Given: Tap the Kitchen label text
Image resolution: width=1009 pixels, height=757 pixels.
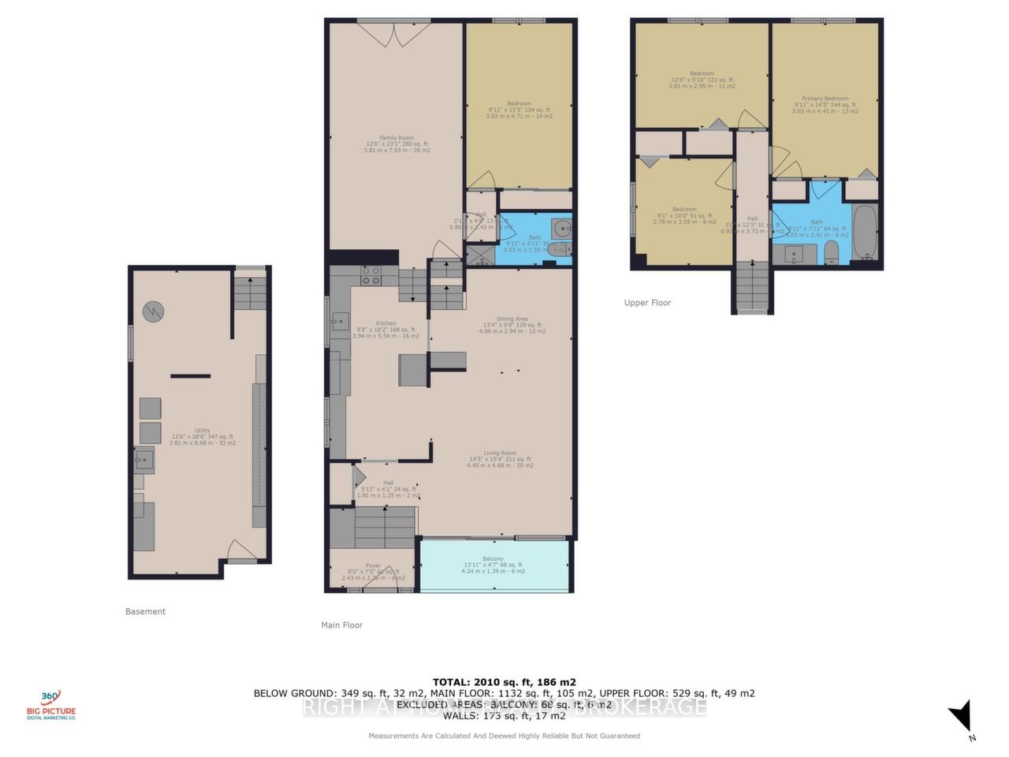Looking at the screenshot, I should click(385, 323).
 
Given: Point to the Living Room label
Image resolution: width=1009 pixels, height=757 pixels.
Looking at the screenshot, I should click(500, 453).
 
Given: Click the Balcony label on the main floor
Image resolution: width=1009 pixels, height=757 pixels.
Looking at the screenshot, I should click(493, 559).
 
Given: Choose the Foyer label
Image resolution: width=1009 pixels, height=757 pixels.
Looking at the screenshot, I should click(373, 565).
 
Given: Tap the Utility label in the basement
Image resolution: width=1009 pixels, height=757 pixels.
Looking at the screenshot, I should click(203, 431).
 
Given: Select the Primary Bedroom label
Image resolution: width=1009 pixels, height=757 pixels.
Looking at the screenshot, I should click(825, 99).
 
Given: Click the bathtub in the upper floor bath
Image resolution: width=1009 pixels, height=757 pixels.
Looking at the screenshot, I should click(865, 233).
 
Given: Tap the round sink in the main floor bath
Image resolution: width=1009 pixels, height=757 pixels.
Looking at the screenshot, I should click(560, 229).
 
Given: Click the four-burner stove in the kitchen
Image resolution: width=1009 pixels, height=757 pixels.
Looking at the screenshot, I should click(371, 276).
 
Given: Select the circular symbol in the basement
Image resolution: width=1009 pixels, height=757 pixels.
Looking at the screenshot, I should click(153, 312).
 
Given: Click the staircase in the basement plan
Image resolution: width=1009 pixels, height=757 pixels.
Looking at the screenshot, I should click(251, 294).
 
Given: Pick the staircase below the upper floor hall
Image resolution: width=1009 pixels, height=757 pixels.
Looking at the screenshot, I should click(752, 287).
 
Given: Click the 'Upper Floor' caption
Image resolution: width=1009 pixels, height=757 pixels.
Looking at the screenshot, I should click(647, 303).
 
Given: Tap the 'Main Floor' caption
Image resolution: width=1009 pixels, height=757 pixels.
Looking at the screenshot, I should click(341, 625).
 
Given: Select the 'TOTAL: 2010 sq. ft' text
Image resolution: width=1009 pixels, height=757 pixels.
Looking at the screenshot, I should click(504, 682).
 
